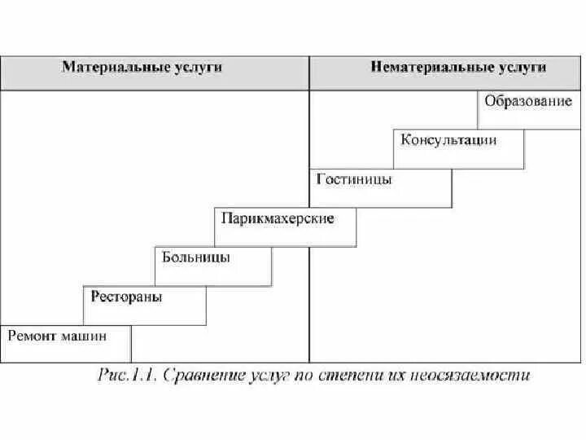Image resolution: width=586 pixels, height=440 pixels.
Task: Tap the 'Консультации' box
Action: [448, 140]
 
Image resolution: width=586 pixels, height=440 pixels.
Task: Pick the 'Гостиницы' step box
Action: [355, 179]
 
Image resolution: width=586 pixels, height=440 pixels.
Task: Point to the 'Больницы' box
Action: [196, 257]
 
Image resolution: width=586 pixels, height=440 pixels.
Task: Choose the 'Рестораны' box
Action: [127, 297]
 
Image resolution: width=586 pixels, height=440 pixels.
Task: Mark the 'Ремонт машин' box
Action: [59, 334]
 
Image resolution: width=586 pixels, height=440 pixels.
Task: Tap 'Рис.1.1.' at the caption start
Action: [128, 376]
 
